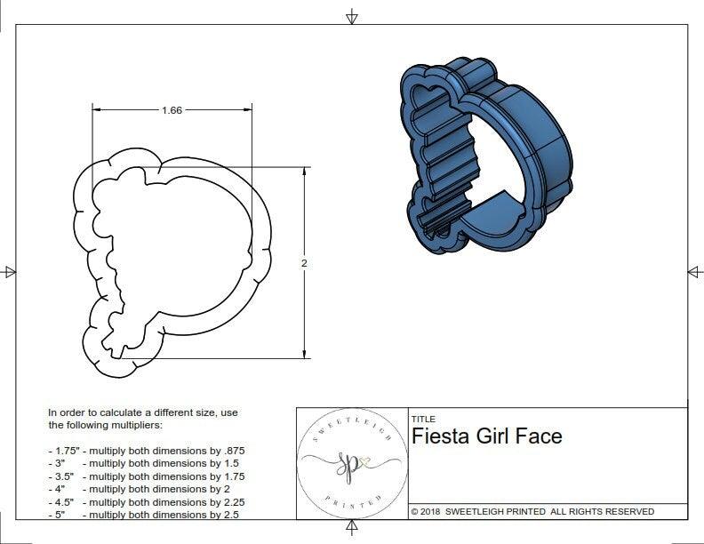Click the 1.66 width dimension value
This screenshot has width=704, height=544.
tap(172, 110)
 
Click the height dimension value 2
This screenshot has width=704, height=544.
tap(304, 263)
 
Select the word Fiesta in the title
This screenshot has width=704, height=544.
tap(442, 436)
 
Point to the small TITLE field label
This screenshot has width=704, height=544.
tap(422, 420)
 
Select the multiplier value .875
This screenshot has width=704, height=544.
tap(232, 451)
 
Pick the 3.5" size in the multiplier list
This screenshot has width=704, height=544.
tap(63, 476)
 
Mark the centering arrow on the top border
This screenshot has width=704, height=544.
tap(353, 16)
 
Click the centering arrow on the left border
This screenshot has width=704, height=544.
tap(10, 271)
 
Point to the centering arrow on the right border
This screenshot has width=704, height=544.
tap(694, 271)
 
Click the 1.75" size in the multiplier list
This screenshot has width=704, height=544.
tap(65, 451)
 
